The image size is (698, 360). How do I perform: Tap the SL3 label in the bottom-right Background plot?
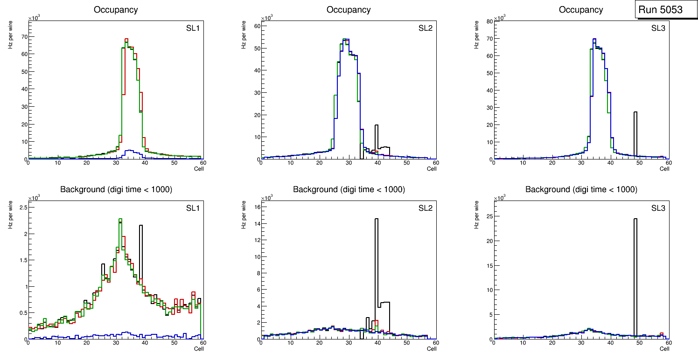pos(658,208)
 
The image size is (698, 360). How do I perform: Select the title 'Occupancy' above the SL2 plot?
pos(349,10)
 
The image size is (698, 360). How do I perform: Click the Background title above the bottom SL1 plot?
pos(116,189)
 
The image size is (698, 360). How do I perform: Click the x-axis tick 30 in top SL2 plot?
pos(349,163)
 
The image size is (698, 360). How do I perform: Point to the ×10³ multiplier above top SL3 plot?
pos(500,18)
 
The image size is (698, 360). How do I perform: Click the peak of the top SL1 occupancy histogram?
pos(126,39)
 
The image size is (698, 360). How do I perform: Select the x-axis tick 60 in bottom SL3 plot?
pos(668,343)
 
